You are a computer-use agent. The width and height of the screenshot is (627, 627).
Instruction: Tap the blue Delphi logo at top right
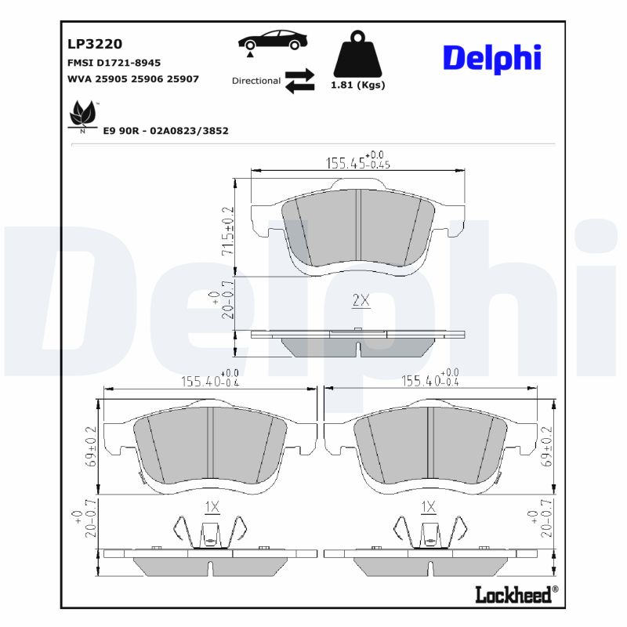(492, 59)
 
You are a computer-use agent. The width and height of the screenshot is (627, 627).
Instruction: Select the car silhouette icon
(272, 41)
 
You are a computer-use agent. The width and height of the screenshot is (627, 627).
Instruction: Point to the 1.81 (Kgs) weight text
(357, 85)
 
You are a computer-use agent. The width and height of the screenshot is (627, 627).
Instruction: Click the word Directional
(256, 81)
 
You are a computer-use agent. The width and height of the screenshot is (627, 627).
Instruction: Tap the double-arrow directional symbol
(299, 81)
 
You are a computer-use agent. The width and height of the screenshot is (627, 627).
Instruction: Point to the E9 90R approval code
(165, 131)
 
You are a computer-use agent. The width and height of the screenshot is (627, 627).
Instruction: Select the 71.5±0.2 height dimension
(227, 230)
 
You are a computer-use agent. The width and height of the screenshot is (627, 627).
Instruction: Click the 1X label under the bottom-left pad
(211, 507)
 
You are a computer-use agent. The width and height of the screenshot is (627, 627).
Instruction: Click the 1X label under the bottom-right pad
(429, 507)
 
